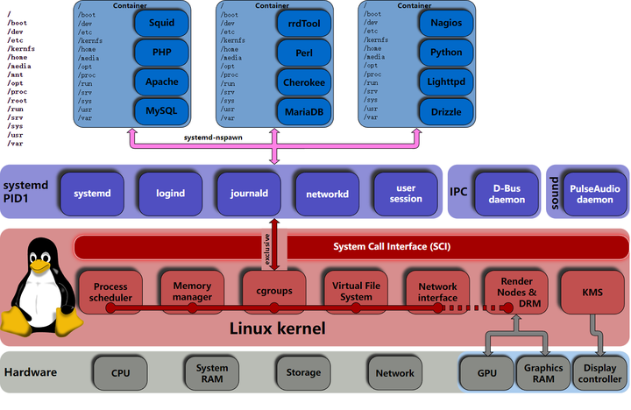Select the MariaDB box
point(301,111)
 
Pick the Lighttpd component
point(446,81)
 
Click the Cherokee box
point(301,81)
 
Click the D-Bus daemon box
point(507,193)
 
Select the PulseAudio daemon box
point(593,193)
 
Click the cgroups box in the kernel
point(273,291)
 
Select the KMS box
point(592,289)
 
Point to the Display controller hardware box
point(599,373)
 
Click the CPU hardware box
point(120,373)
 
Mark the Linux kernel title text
point(277,329)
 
